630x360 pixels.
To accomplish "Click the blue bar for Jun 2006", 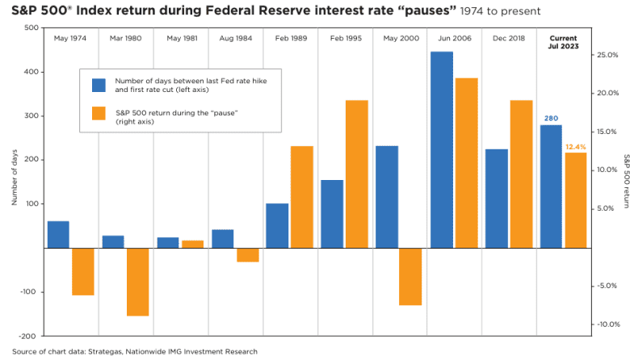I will [x=442, y=149].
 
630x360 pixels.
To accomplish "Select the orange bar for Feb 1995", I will [x=356, y=174].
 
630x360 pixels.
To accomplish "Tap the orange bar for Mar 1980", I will [x=138, y=282].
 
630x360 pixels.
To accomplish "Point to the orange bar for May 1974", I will [x=83, y=271].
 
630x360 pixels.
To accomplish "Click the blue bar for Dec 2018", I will [x=497, y=199].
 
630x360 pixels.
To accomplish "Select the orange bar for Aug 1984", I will [x=248, y=255].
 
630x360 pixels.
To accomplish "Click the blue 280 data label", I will [x=550, y=118].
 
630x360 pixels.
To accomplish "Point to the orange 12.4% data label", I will [x=575, y=146].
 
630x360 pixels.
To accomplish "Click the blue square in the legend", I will [x=99, y=86].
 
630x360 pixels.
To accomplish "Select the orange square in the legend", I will [x=99, y=113].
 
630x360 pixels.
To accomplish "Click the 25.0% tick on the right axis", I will [x=607, y=55].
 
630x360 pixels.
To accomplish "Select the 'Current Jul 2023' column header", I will [x=563, y=43].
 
